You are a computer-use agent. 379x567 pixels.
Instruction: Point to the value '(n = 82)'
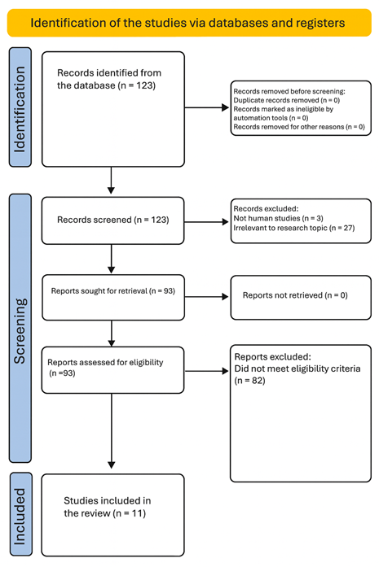[x=250, y=379]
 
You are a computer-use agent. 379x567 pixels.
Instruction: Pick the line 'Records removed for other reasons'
[x=297, y=128]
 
